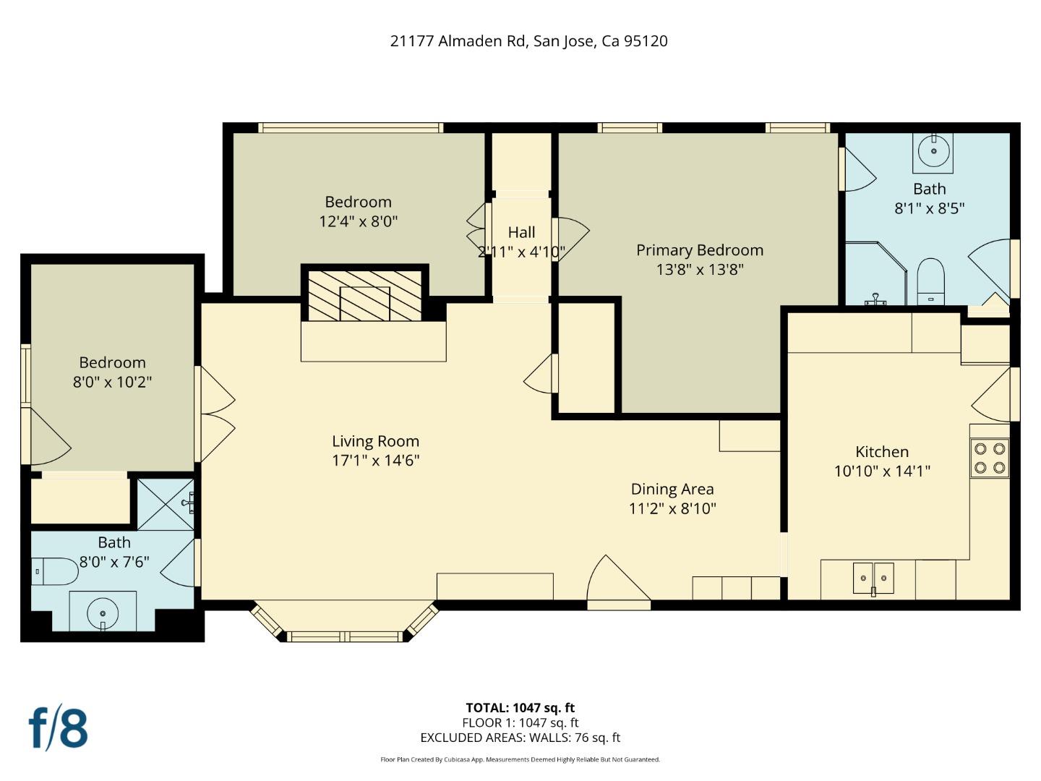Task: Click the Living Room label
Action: (x=376, y=441)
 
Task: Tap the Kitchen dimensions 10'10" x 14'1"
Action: (x=882, y=471)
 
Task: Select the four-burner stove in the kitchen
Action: (x=989, y=458)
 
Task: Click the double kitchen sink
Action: (x=873, y=579)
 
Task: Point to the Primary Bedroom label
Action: (x=700, y=250)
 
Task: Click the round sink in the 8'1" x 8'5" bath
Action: (x=933, y=152)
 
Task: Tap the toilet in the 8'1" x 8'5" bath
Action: (x=931, y=282)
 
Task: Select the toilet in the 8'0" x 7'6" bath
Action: (x=55, y=571)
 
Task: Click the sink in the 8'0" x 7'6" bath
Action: (x=103, y=613)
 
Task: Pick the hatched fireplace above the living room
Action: (x=364, y=296)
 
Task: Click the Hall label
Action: (x=521, y=232)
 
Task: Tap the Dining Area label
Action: (x=672, y=489)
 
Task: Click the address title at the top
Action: (x=528, y=41)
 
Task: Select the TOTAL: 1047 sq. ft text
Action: (x=520, y=708)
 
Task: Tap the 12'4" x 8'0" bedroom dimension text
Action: (x=358, y=221)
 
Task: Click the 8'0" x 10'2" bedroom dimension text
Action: (x=112, y=382)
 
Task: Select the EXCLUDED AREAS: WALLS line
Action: (x=520, y=738)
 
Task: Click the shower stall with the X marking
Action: (x=166, y=504)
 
